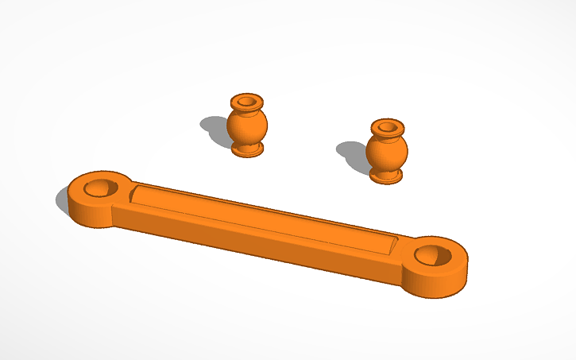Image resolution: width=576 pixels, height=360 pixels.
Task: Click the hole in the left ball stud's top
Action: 247,101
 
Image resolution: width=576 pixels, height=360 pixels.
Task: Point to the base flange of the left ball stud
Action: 248,149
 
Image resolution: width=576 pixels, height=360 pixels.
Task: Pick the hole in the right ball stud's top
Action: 388,126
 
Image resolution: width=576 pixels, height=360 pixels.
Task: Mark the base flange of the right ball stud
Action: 387,176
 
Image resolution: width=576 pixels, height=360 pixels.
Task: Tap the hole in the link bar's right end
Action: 433,254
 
